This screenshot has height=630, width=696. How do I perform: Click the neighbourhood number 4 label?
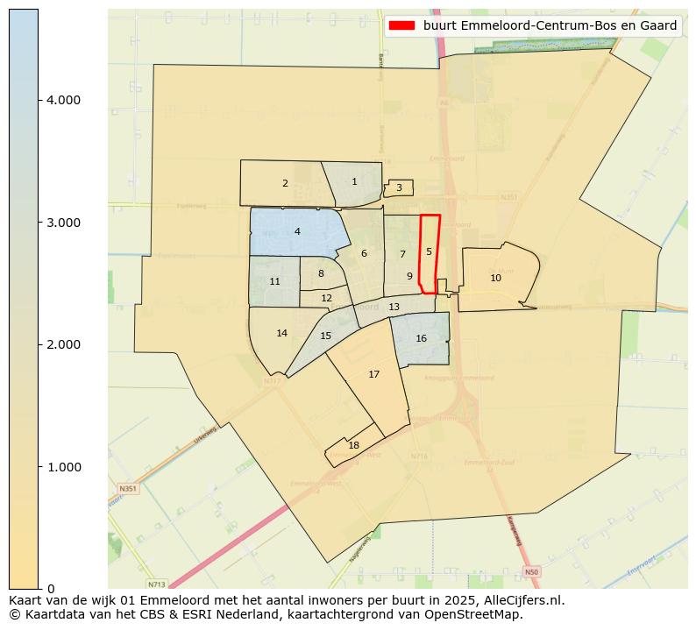[297, 231]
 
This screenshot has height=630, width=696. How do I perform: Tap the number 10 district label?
[495, 278]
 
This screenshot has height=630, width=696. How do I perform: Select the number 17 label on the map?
[374, 374]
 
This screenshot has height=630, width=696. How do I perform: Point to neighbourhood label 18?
[353, 445]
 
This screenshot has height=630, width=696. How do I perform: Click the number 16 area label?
[421, 338]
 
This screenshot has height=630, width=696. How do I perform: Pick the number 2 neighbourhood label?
[285, 183]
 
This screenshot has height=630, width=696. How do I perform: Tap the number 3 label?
[399, 188]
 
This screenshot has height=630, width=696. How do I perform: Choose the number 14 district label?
[281, 333]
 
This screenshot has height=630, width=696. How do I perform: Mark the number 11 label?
[274, 281]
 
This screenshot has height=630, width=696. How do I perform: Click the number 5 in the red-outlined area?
[429, 251]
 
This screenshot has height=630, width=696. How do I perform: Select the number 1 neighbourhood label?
[354, 181]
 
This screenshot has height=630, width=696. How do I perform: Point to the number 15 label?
[325, 336]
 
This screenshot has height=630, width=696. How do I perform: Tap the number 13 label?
[394, 307]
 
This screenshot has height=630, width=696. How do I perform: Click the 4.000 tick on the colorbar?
[63, 101]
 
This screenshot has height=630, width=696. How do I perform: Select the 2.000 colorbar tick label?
[63, 344]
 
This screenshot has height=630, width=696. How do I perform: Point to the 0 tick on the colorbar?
[52, 589]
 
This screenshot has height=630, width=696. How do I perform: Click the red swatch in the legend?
[403, 26]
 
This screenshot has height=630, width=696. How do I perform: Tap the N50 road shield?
[530, 572]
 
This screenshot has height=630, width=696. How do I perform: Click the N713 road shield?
[156, 584]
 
